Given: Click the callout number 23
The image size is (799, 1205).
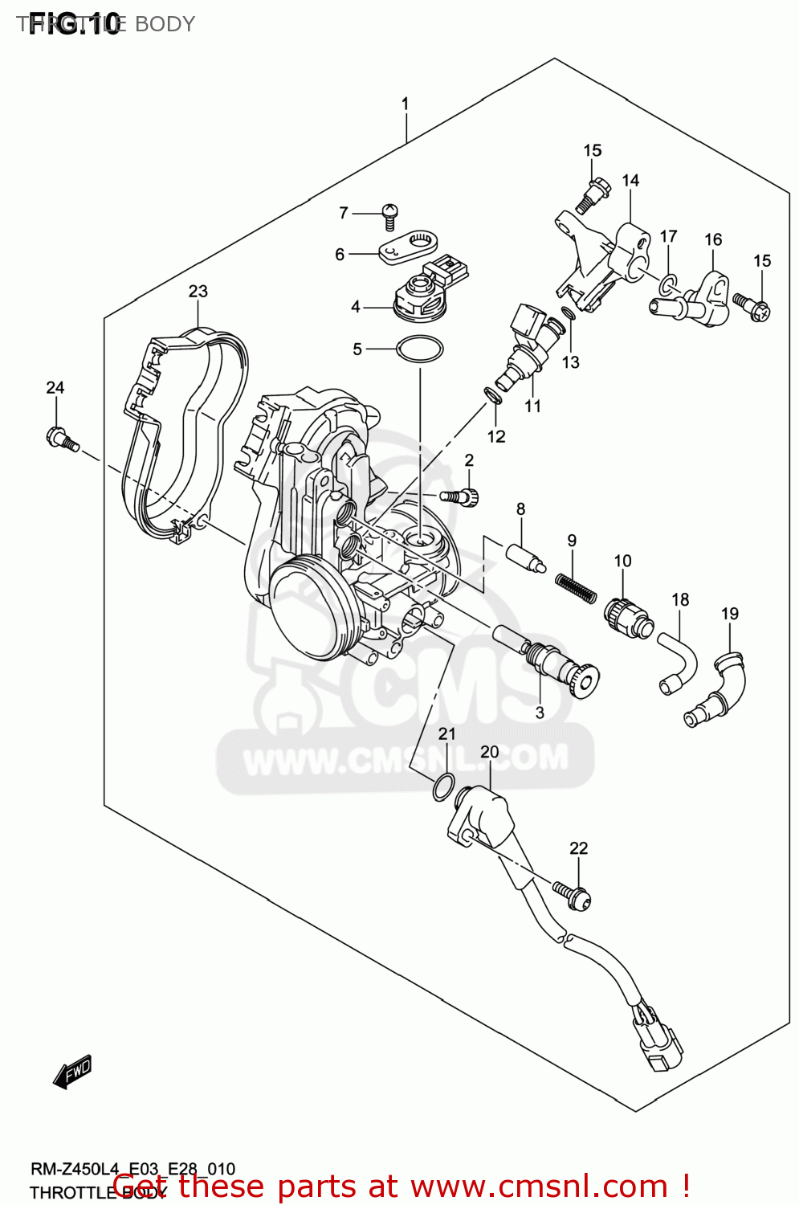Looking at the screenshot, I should pyautogui.click(x=198, y=292).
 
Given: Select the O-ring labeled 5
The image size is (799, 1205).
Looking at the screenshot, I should pyautogui.click(x=419, y=349).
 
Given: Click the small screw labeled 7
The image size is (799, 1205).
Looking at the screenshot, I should pyautogui.click(x=390, y=213).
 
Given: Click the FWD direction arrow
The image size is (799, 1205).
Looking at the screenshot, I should pyautogui.click(x=72, y=1072).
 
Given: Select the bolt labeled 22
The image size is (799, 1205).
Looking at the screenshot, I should pyautogui.click(x=572, y=893).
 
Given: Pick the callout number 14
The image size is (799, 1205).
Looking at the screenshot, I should pyautogui.click(x=630, y=181).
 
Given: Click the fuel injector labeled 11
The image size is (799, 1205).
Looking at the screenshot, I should pyautogui.click(x=526, y=346).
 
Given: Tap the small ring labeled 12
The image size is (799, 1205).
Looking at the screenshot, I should pyautogui.click(x=492, y=396).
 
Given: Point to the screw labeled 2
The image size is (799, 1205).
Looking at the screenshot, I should pyautogui.click(x=462, y=496).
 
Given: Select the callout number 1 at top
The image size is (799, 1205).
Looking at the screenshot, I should pyautogui.click(x=406, y=104).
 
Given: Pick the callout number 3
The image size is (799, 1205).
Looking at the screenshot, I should pyautogui.click(x=540, y=713).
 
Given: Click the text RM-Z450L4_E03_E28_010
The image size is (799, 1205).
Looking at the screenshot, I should pyautogui.click(x=132, y=1169).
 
